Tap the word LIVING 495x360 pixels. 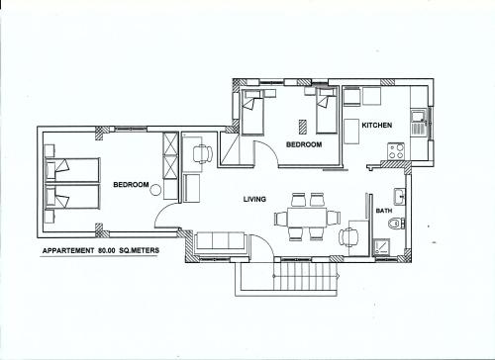tap(255, 200)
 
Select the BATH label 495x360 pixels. tap(384, 211)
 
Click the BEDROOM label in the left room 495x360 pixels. tap(131, 185)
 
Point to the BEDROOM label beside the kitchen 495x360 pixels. tap(304, 144)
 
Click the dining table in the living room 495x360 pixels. tap(306, 218)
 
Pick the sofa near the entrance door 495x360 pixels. tap(222, 241)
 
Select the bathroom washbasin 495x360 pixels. tap(398, 194)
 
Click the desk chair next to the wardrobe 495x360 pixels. tap(201, 154)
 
